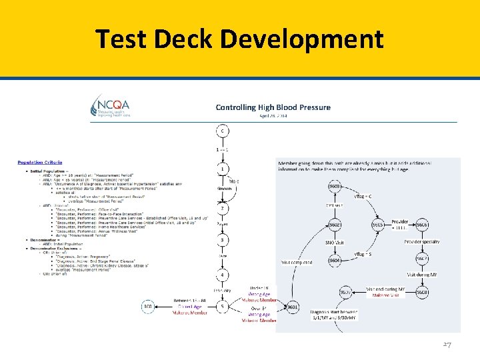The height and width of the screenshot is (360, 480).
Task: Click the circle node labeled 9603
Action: (335, 187)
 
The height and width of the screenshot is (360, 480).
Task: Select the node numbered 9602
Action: (335, 225)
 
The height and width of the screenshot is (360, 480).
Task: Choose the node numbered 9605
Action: (378, 225)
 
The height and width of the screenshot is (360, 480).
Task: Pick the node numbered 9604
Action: (335, 261)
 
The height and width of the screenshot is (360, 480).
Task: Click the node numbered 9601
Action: (291, 307)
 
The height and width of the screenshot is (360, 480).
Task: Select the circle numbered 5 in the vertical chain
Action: (222, 307)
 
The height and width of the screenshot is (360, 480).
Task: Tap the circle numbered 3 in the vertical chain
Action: (222, 241)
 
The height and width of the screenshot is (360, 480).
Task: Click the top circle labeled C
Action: (222, 130)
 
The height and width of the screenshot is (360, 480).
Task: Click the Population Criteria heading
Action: (40, 162)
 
